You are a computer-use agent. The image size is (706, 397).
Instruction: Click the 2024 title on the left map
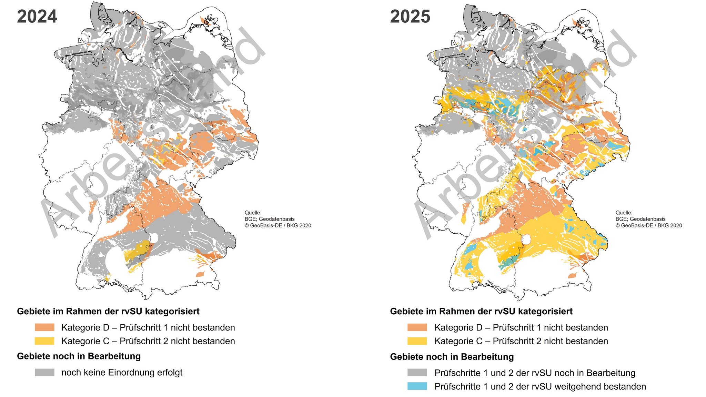(37, 17)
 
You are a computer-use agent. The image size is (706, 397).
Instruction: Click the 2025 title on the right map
(410, 17)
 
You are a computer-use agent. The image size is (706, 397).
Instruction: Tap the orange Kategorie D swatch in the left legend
(44, 327)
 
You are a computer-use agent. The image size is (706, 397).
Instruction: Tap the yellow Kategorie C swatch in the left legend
(44, 341)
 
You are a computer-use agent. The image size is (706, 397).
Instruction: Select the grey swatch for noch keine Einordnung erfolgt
(44, 372)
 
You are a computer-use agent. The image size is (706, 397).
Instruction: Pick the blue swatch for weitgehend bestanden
(417, 386)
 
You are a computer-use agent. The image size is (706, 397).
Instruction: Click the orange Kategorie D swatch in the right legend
(417, 327)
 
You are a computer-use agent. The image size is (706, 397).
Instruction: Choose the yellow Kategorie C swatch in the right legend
(417, 341)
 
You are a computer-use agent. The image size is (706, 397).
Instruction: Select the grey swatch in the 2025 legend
(417, 373)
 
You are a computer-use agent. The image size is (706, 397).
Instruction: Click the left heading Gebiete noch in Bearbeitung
(79, 356)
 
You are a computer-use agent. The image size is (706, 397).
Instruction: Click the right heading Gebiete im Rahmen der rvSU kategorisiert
(481, 311)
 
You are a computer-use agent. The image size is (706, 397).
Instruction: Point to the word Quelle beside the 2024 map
(253, 213)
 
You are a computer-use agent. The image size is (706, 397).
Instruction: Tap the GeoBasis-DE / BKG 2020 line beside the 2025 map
(648, 225)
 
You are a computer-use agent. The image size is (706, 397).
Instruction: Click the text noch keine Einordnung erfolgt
(122, 372)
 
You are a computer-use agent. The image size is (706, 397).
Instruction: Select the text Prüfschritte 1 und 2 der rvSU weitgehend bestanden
(540, 386)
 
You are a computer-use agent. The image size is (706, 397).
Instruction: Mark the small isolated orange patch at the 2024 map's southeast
(200, 274)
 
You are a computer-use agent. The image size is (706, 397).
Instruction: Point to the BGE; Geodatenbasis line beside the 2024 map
(269, 219)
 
